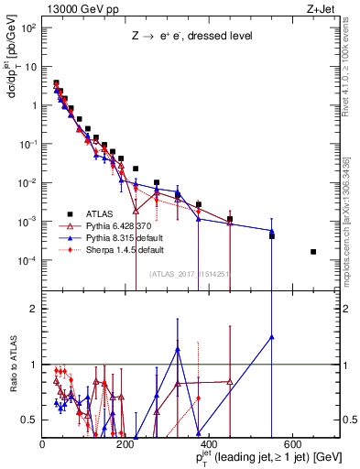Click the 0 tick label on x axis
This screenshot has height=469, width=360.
[x=42, y=444]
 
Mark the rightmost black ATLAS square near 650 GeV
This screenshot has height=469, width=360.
[x=313, y=252]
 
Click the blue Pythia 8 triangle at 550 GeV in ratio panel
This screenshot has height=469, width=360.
[x=272, y=337]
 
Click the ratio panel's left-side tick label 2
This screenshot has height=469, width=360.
[x=34, y=309]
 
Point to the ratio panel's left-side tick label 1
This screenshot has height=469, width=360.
[x=34, y=365]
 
